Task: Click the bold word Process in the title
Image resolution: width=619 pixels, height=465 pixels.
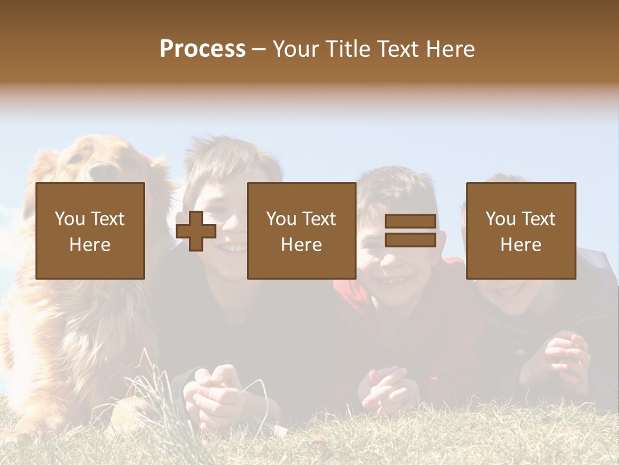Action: point(202,48)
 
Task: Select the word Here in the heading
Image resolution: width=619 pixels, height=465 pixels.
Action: point(450,48)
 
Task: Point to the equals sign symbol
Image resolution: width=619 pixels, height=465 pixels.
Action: point(410,231)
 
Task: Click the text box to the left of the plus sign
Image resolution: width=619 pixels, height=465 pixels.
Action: point(90,231)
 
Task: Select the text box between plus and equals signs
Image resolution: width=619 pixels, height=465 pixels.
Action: point(302,231)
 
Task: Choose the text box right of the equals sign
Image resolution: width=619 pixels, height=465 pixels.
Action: point(521,231)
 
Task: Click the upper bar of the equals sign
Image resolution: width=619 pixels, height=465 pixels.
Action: point(410,222)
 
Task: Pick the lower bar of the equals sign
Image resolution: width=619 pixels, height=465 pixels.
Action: point(410,240)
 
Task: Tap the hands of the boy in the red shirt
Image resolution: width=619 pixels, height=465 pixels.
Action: point(386,387)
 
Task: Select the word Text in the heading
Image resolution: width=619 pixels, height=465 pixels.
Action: point(400,48)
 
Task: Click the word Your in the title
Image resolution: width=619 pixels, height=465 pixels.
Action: point(295,48)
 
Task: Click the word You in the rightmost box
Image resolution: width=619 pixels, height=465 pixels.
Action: point(500,219)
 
